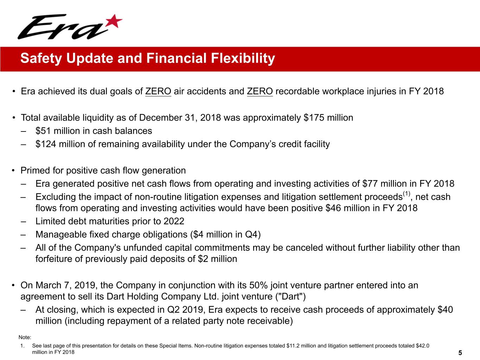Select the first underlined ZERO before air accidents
pyautogui.click(x=158, y=91)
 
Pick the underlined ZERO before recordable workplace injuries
pyautogui.click(x=260, y=91)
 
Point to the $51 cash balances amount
pyautogui.click(x=43, y=131)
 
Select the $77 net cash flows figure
pyautogui.click(x=370, y=184)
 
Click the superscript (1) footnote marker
pyautogui.click(x=407, y=194)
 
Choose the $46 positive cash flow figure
pyautogui.click(x=333, y=208)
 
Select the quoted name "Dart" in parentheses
pyautogui.click(x=290, y=297)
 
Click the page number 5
pyautogui.click(x=460, y=353)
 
